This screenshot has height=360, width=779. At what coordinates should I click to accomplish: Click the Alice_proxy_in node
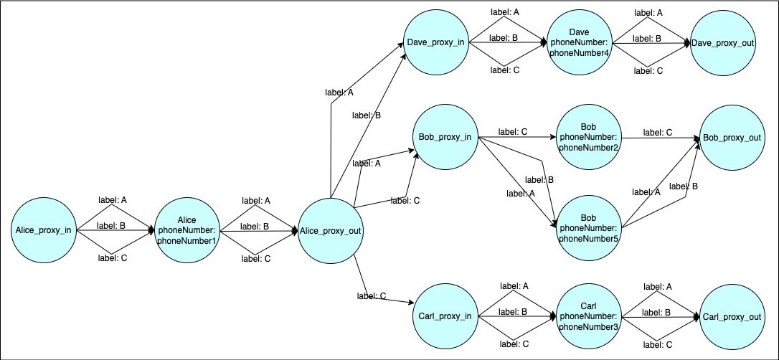[44, 230]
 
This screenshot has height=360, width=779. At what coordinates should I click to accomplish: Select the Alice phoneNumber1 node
[187, 230]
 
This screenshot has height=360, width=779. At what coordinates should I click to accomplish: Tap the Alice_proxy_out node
[330, 230]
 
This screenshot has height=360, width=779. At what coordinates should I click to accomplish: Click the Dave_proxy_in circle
[435, 43]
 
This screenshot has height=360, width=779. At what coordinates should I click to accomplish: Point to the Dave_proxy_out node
[722, 43]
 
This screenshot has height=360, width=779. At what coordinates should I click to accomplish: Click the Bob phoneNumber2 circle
[588, 137]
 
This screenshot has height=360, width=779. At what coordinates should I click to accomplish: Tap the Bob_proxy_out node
[731, 137]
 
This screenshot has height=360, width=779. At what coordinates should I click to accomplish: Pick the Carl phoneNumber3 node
[588, 316]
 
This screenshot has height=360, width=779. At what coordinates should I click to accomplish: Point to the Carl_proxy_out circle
[732, 316]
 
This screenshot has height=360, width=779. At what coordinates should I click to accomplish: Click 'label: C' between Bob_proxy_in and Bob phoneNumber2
[513, 132]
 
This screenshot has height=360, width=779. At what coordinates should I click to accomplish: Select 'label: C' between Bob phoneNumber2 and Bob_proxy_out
[657, 132]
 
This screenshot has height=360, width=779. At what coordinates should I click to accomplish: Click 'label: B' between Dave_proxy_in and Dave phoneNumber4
[504, 38]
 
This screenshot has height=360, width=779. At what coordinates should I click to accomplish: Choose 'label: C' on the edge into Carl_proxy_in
[372, 295]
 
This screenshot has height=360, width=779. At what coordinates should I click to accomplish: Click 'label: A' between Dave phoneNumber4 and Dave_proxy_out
[648, 12]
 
